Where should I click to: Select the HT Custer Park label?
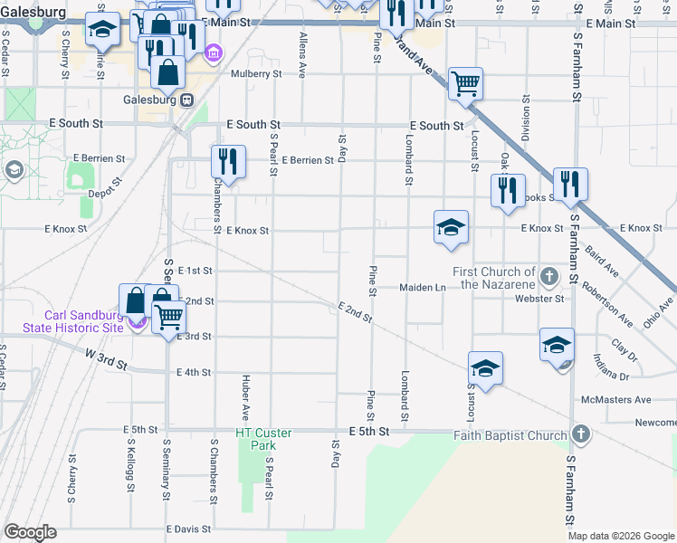[x=263, y=439]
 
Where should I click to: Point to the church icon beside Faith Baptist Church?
[x=581, y=435]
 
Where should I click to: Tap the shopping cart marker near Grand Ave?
[x=465, y=84]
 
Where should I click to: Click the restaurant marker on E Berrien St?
[x=227, y=162]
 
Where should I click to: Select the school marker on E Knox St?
[x=451, y=227]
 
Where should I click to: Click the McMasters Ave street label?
[x=616, y=399]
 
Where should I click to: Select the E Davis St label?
[x=188, y=529]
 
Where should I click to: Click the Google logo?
[x=30, y=532]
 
